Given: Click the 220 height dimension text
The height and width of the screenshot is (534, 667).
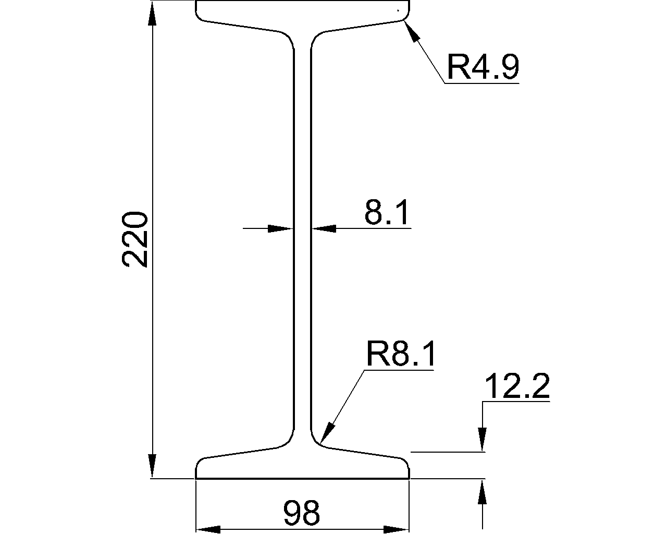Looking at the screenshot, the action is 135,239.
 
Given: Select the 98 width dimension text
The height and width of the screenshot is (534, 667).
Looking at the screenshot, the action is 301,512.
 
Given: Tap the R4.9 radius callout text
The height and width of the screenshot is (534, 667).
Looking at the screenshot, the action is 483,67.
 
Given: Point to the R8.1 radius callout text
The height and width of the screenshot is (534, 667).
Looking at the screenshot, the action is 400,354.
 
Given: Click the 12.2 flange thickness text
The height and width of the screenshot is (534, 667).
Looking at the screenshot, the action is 517,386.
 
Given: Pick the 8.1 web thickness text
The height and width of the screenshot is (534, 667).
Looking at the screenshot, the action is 386,212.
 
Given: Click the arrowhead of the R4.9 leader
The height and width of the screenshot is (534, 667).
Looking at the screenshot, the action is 411,30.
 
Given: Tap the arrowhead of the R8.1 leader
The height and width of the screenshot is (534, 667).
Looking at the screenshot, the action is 328,432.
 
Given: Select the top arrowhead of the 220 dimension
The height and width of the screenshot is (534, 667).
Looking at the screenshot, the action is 152,15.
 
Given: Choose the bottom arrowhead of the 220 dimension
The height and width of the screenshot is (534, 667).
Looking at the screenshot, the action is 152,466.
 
